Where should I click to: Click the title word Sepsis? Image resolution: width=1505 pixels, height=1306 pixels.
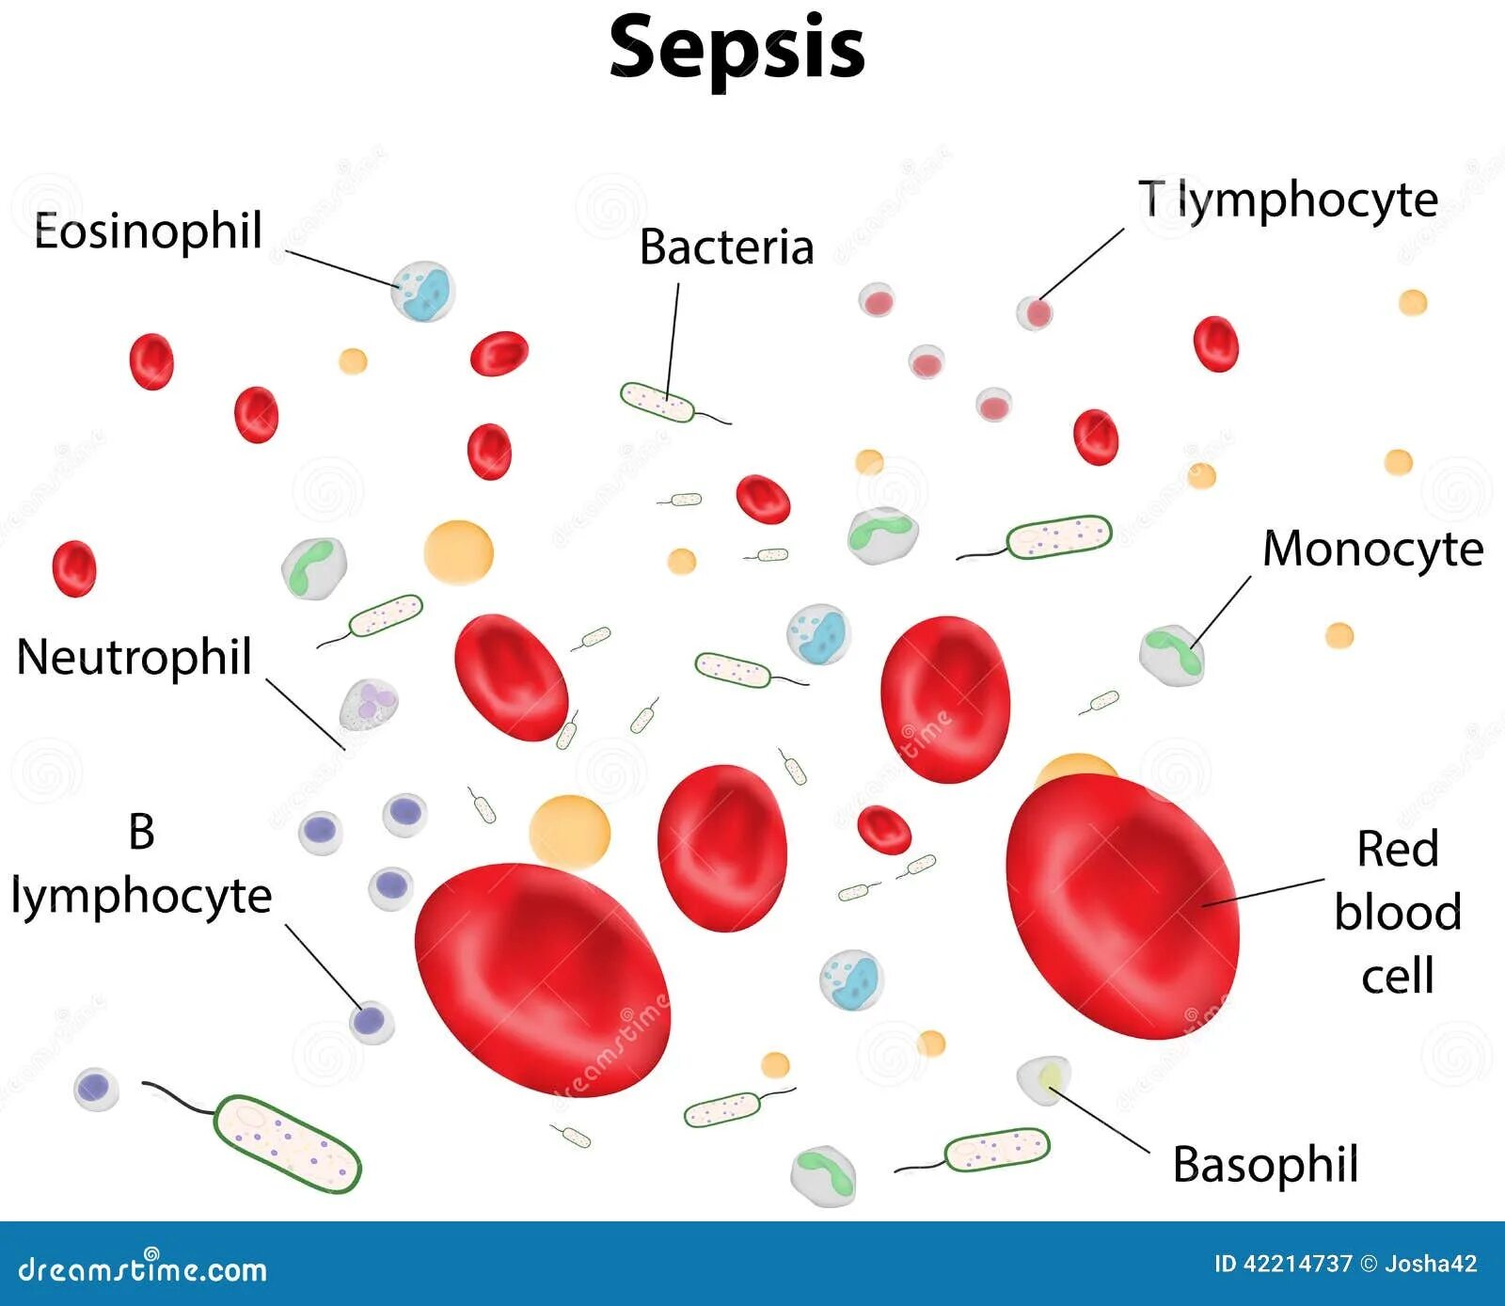click(x=737, y=49)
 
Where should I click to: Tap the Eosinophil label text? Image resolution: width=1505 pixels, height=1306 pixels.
click(x=148, y=231)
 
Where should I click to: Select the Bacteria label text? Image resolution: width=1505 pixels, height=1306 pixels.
click(x=726, y=247)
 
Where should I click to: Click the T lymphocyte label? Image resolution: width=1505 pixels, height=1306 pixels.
click(x=1288, y=200)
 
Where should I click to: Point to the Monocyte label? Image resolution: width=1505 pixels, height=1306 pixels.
click(x=1372, y=549)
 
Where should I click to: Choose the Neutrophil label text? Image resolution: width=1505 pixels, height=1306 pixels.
click(x=135, y=657)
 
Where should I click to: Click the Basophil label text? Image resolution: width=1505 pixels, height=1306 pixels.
click(x=1265, y=1165)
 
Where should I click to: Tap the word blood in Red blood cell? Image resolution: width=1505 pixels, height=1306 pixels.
click(x=1398, y=913)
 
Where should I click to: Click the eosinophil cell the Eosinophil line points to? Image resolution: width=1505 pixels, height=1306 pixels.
click(x=422, y=291)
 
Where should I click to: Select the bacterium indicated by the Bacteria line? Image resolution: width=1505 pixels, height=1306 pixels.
click(x=657, y=403)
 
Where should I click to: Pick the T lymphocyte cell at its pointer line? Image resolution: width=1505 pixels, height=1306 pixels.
click(x=1035, y=312)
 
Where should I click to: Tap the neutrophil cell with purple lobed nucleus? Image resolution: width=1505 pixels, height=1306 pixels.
click(x=369, y=705)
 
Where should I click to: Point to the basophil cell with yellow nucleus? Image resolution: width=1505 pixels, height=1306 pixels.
click(x=1044, y=1080)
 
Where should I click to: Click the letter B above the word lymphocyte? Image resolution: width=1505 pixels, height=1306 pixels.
click(x=141, y=832)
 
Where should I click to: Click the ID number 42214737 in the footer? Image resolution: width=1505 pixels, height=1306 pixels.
click(x=1296, y=1264)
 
